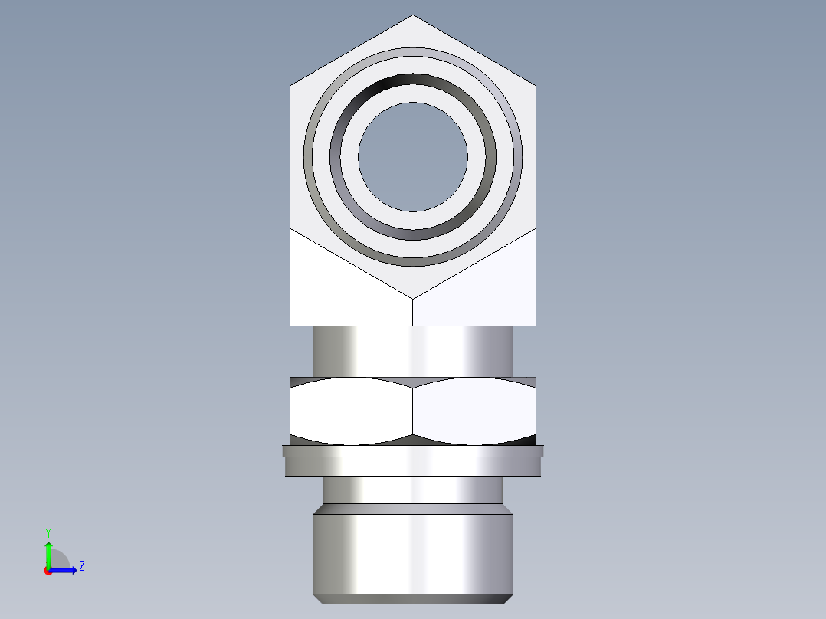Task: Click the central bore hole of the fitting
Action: coord(413,157)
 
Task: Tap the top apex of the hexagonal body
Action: coord(413,16)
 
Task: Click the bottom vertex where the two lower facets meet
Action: coord(413,298)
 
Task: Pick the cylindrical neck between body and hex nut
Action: coord(413,351)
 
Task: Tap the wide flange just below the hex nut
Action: coord(413,462)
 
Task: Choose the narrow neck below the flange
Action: coord(413,490)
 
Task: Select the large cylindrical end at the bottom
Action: coord(413,552)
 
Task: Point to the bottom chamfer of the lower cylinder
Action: coord(413,598)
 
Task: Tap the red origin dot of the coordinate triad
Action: coord(48,570)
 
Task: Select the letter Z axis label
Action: coord(81,566)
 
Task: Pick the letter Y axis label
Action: coord(48,532)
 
